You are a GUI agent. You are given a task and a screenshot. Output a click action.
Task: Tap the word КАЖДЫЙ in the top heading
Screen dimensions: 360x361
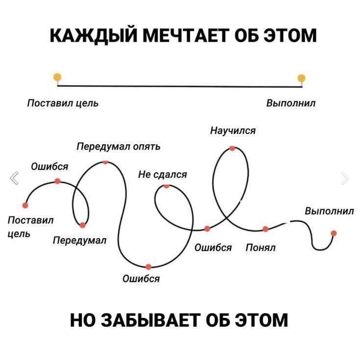coord(94,35)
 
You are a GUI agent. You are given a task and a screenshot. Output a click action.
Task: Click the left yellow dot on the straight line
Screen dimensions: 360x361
coord(57,77)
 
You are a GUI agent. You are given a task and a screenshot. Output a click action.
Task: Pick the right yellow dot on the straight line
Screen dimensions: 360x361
coord(301,78)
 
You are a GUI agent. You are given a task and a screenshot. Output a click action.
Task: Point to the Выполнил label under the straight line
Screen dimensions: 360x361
coord(291,103)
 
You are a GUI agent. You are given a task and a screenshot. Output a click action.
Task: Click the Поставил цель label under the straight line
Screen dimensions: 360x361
coord(63,103)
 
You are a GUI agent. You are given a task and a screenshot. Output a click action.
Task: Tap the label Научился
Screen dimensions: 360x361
coord(233,131)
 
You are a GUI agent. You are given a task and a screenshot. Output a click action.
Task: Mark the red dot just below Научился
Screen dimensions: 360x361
coord(232,148)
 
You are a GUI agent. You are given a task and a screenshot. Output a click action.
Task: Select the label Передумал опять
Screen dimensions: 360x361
coord(119,147)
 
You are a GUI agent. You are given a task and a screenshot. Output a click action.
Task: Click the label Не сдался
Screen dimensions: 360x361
coord(163,175)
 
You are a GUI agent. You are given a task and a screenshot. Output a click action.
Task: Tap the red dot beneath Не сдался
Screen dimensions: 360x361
coord(167,186)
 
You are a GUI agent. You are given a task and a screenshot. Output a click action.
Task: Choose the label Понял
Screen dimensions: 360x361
coord(261,248)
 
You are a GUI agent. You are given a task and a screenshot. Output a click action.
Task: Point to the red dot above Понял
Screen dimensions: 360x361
coord(265,229)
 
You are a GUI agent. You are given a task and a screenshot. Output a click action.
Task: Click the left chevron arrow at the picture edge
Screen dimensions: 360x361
coord(14,178)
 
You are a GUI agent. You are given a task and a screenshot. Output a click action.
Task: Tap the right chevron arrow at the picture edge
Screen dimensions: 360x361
coord(345,178)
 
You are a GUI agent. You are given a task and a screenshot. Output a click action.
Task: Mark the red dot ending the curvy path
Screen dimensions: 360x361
coord(334,233)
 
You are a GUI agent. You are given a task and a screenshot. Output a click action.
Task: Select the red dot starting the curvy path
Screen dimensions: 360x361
coord(25,205)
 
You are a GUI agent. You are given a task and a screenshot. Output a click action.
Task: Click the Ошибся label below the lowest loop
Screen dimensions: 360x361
coord(141,279)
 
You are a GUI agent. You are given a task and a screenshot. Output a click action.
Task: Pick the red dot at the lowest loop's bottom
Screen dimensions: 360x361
coord(148,267)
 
